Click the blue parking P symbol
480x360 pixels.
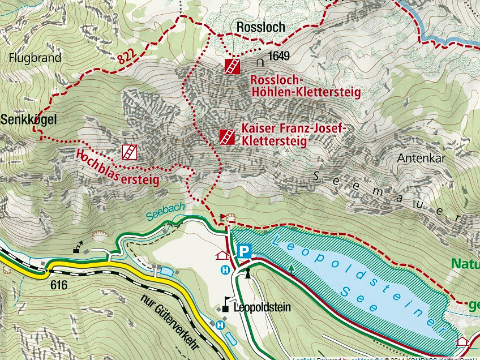[244, 250]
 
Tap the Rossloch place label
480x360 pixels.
[260, 27]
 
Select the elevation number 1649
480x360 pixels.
[279, 56]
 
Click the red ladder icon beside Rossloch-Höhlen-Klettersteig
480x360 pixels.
[232, 66]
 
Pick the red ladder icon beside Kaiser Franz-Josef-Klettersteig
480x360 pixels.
[227, 137]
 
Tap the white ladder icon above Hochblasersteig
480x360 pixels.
[129, 152]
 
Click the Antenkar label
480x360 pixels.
[421, 158]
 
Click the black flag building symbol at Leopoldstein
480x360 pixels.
[226, 305]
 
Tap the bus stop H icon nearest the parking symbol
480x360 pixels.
[225, 271]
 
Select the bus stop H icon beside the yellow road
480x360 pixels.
[220, 325]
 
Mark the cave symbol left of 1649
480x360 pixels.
[261, 58]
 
